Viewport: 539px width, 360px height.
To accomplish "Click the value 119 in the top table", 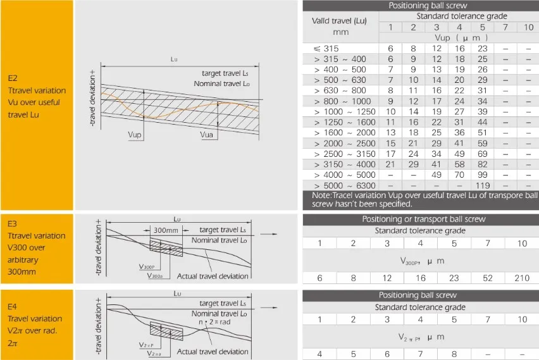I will [483, 185].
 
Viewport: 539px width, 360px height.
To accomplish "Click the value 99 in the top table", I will [483, 175].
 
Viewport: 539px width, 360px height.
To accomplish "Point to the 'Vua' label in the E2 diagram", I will [207, 135].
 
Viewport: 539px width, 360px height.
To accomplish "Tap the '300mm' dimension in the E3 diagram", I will [166, 231].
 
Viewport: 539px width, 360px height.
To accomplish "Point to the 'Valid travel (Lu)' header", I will [340, 20].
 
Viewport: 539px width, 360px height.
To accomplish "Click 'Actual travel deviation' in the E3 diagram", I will [213, 276].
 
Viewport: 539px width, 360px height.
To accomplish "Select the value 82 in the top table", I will [483, 164].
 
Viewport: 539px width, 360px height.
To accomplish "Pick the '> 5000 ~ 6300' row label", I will [344, 185].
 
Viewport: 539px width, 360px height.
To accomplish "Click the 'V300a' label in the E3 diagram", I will [156, 276].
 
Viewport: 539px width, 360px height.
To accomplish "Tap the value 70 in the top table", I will [460, 175].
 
